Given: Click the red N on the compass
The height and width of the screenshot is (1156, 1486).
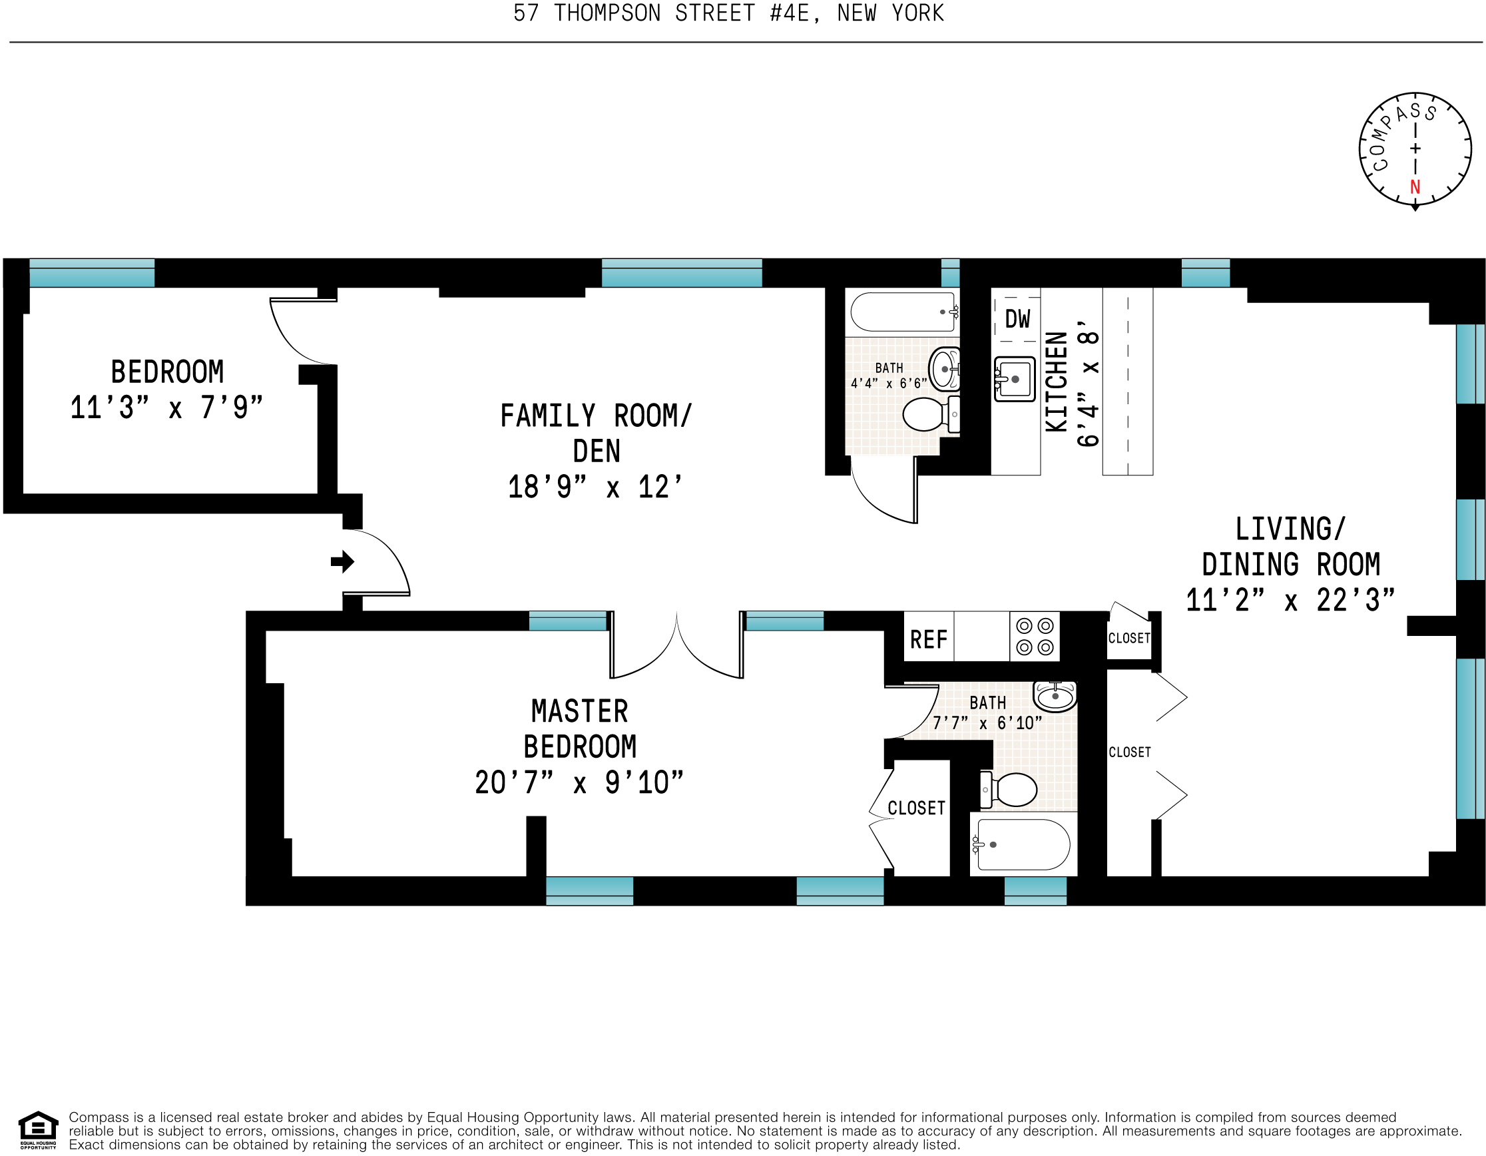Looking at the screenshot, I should pyautogui.click(x=1415, y=186).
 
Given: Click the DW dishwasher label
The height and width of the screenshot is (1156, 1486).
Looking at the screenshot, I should pyautogui.click(x=1017, y=318).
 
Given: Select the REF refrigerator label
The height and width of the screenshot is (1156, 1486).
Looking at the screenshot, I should pyautogui.click(x=928, y=639).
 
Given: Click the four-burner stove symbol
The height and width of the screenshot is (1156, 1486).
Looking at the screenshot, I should pyautogui.click(x=1035, y=637).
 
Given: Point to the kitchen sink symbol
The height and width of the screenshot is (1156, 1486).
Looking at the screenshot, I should pyautogui.click(x=1014, y=379).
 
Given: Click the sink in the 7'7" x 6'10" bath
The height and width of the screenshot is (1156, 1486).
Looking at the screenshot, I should pyautogui.click(x=1055, y=695).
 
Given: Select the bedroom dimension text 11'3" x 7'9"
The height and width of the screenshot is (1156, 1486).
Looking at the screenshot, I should pyautogui.click(x=166, y=408).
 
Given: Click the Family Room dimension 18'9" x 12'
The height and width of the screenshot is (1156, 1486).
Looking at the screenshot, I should pyautogui.click(x=595, y=487).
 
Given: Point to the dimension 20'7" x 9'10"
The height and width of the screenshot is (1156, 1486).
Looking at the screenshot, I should pyautogui.click(x=579, y=782).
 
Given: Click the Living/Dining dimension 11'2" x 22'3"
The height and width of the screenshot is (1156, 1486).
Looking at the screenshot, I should pyautogui.click(x=1290, y=600).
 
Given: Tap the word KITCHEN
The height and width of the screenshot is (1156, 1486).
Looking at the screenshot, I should pyautogui.click(x=1057, y=381).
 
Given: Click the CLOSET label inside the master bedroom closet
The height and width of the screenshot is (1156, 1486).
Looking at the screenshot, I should pyautogui.click(x=916, y=808).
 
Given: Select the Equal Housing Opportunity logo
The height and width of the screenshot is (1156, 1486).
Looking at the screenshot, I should pyautogui.click(x=38, y=1130).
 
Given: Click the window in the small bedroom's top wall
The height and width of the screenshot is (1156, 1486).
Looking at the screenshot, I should pyautogui.click(x=92, y=273).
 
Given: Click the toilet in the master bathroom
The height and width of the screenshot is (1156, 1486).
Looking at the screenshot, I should pyautogui.click(x=1010, y=789).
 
